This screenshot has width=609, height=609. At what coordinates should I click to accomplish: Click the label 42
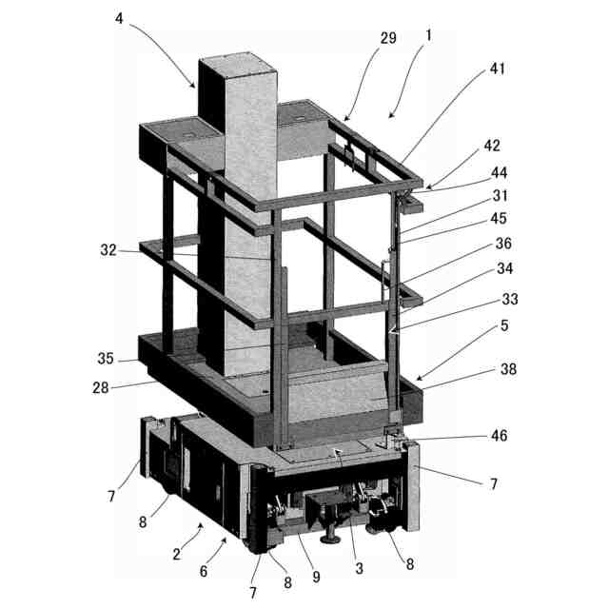(490, 146)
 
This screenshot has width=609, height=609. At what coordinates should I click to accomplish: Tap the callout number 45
(498, 219)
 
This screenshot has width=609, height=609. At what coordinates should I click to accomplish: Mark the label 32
(108, 251)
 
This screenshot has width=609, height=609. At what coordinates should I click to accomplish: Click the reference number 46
(499, 436)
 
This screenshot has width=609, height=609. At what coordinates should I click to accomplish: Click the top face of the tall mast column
(236, 69)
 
